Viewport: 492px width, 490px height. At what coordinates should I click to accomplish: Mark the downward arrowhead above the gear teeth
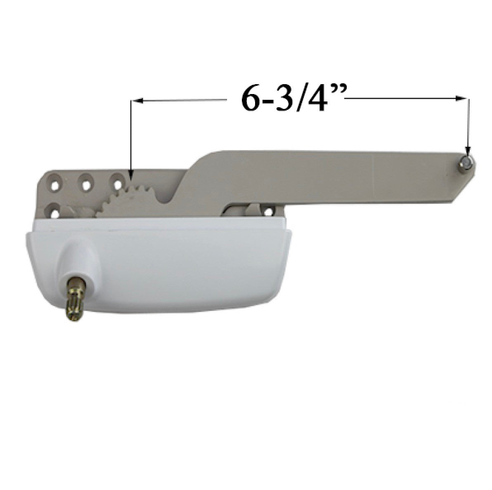click(x=131, y=176)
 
